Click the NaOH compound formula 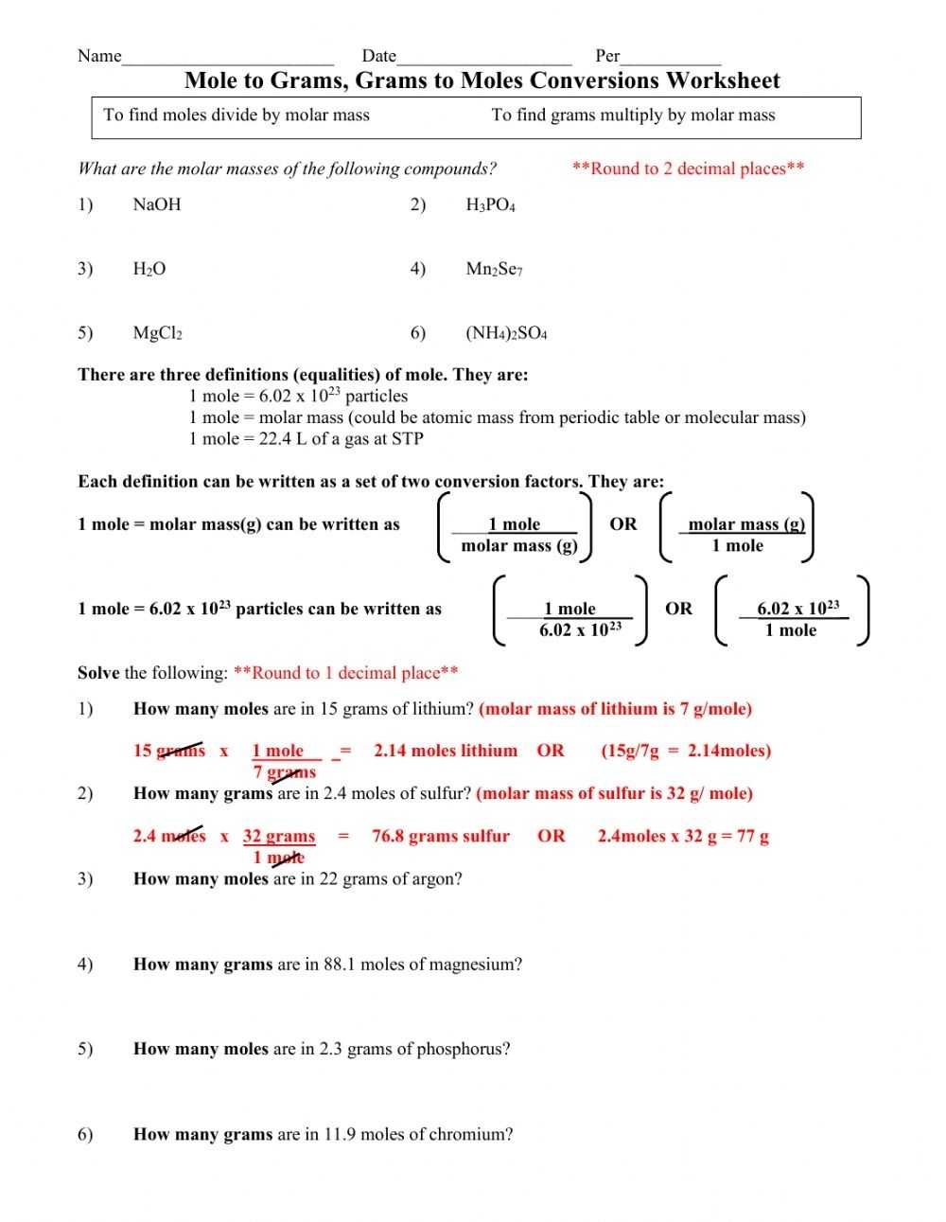[x=156, y=204]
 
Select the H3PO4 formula [x=490, y=204]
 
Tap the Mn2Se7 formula [x=494, y=269]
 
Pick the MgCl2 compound [x=157, y=333]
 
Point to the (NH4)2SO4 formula [x=506, y=333]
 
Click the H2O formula [x=149, y=269]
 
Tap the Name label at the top [x=99, y=56]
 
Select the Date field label [x=378, y=56]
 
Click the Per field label [x=607, y=56]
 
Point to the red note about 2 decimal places [x=688, y=168]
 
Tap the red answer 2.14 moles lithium [x=446, y=751]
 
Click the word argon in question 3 [x=438, y=878]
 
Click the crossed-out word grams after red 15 [x=181, y=751]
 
